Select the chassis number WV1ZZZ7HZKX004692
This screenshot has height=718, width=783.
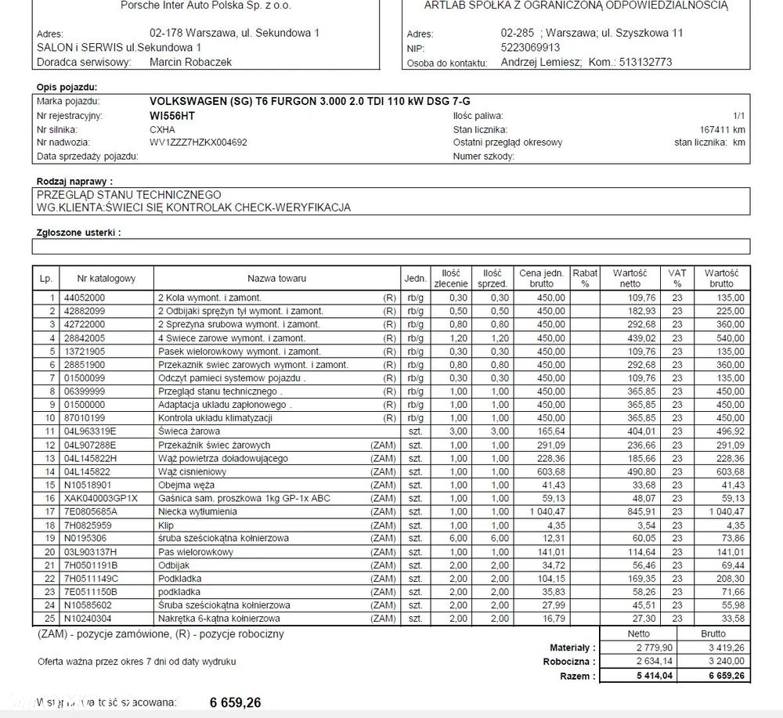[x=198, y=143]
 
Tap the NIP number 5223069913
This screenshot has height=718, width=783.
[x=530, y=47]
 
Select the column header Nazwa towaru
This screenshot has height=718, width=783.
[x=276, y=279]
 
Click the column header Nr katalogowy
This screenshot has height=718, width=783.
[x=106, y=279]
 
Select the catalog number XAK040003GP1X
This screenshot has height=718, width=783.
[x=100, y=499]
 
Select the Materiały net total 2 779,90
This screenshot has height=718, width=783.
[x=639, y=648]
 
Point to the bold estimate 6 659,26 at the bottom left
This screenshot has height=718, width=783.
[x=235, y=703]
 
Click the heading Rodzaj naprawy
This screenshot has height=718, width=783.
[x=81, y=182]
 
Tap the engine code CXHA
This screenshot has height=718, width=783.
[x=162, y=129]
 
